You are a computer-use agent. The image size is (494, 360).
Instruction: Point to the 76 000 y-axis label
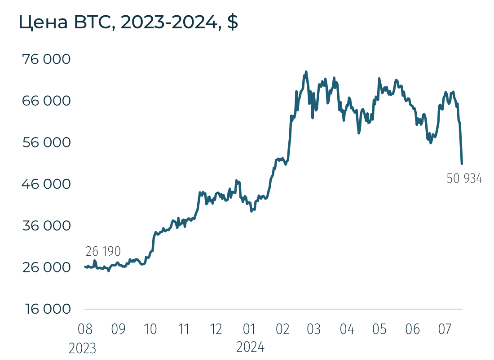pos(47,59)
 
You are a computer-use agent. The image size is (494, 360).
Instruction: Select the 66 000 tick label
pos(47,101)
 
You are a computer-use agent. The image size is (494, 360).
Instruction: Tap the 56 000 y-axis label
pos(47,142)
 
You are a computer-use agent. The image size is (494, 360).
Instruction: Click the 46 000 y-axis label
pos(47,184)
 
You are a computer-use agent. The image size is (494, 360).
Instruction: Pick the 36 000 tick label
pos(47,226)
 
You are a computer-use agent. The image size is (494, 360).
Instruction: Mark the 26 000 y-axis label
pos(47,267)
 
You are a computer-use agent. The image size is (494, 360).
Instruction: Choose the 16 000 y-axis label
pos(47,309)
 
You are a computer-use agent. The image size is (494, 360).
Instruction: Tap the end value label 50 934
pos(464,179)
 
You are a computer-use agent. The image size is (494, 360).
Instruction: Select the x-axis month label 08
pos(85,329)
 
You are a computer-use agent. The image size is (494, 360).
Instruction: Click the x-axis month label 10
pos(150,329)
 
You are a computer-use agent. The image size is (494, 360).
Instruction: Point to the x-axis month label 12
pos(216,329)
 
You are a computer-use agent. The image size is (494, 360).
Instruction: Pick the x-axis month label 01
pos(249,329)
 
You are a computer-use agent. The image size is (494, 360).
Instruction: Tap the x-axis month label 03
pos(314,329)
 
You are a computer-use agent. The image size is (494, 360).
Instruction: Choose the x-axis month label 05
pos(379,329)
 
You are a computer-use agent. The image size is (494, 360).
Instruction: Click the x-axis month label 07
pos(445,329)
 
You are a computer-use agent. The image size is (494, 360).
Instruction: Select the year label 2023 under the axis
pos(83,348)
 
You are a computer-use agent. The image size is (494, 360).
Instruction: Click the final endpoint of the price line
pos(462,164)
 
